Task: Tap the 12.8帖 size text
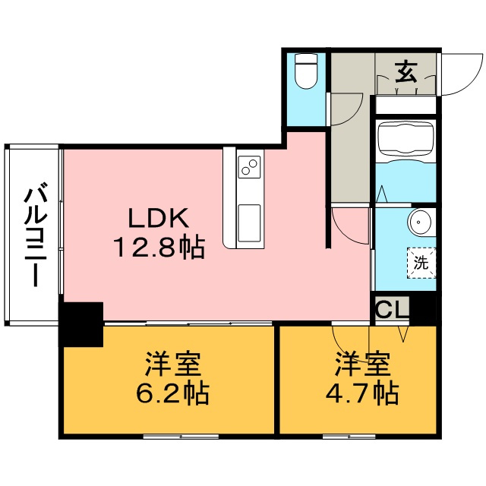click(159, 247)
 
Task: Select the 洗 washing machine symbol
click(419, 264)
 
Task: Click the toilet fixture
click(305, 72)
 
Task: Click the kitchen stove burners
click(249, 166)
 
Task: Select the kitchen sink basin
click(248, 222)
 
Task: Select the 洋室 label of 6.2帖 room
click(172, 364)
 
